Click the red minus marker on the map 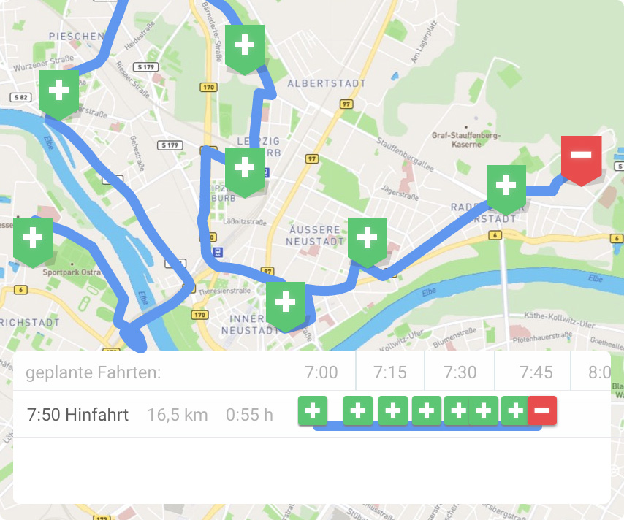pos(581,156)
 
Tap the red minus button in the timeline pos(542,410)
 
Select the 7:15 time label pos(390,372)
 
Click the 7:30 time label pos(460,372)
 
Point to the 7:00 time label pos(321,372)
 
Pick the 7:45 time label pos(536,372)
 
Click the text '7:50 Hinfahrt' pos(77,415)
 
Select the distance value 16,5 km pos(178,415)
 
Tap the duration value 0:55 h pos(249,415)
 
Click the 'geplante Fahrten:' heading pos(94,372)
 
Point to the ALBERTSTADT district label pos(327,84)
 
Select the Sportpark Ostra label pos(71,272)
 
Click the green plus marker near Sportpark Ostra pos(33,239)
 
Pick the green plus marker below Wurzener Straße pos(58,91)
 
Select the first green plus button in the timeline pos(313,410)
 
